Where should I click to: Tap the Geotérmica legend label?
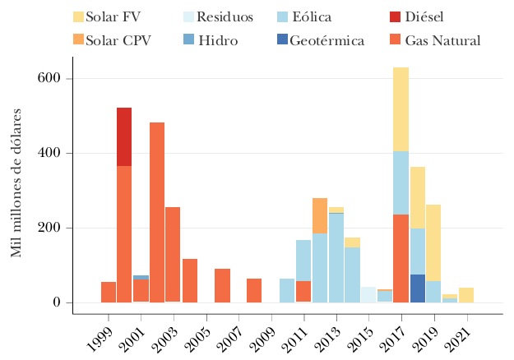(x=326, y=39)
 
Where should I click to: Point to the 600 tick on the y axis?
(x=50, y=79)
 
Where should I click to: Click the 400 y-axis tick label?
(x=50, y=154)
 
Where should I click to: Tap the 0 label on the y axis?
(x=58, y=302)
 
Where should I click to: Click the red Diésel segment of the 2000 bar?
(x=124, y=136)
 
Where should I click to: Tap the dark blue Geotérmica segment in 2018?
(x=418, y=288)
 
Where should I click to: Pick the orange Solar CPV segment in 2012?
(x=320, y=215)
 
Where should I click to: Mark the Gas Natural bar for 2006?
(x=222, y=285)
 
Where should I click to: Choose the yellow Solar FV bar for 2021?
(x=466, y=295)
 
